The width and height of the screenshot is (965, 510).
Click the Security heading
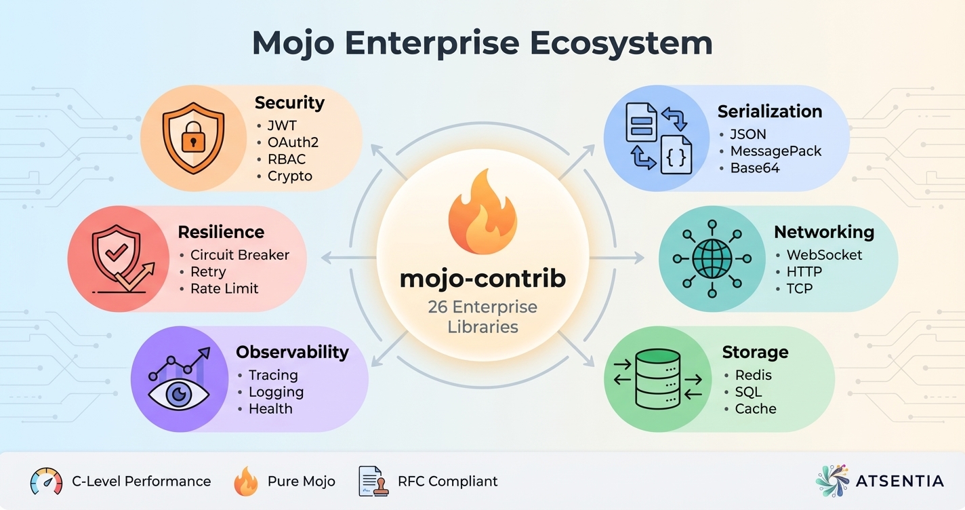[289, 103]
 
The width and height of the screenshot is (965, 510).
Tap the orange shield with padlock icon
[192, 138]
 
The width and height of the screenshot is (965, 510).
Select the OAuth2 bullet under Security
[292, 142]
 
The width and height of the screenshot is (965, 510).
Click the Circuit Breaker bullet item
[239, 255]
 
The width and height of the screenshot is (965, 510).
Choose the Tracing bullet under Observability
[272, 375]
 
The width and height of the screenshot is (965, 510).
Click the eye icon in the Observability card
[178, 394]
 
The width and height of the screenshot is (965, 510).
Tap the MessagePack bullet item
[775, 151]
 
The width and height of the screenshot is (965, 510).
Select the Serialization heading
[769, 112]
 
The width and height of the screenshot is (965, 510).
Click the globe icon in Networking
[712, 258]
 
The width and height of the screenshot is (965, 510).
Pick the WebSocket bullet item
[824, 255]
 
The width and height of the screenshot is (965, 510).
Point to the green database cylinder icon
[657, 378]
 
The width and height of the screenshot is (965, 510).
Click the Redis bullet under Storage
[753, 375]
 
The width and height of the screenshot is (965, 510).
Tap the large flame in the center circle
[482, 212]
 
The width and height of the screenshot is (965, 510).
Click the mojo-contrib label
[482, 279]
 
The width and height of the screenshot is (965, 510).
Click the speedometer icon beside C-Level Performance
[46, 482]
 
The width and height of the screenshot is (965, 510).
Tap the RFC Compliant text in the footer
[447, 482]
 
